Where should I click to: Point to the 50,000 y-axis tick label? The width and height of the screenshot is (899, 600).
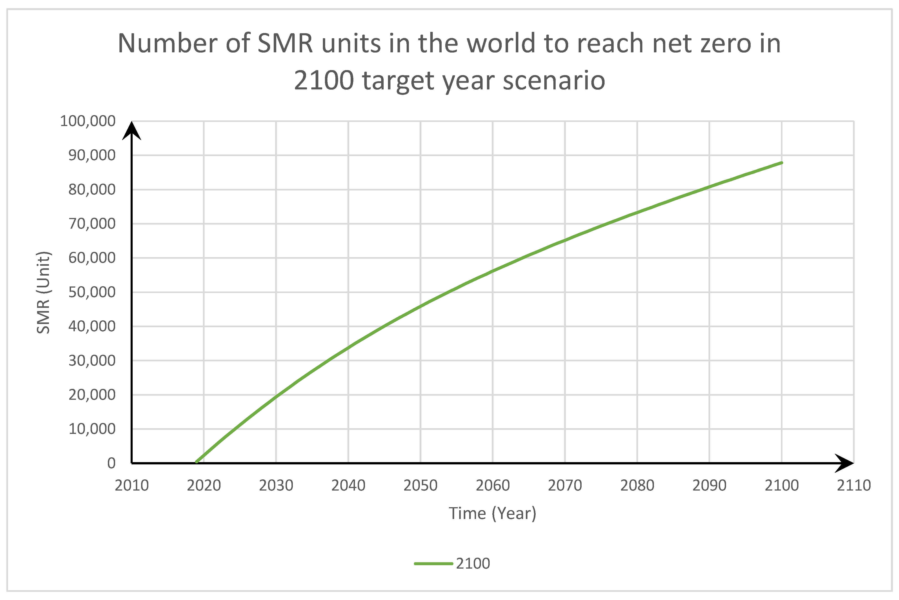[x=92, y=292]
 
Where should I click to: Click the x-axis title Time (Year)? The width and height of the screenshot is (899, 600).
[x=493, y=513]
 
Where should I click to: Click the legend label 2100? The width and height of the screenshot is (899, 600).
[x=473, y=564]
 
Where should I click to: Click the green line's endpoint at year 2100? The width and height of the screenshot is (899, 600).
[x=782, y=163]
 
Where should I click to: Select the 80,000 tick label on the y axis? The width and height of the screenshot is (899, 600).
[x=92, y=189]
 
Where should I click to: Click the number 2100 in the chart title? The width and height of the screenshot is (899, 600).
[x=324, y=81]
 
